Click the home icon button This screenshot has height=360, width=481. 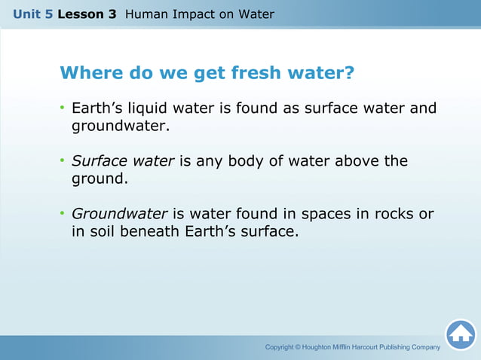pos(460,334)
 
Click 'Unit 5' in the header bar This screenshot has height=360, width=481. pos(32,14)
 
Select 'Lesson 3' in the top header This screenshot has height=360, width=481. pos(86,14)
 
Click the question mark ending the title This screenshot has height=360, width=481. pos(349,74)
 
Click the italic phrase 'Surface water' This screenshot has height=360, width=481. pos(123,161)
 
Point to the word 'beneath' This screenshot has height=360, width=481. pos(151,231)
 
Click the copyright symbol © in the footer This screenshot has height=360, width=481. pos(298,347)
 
